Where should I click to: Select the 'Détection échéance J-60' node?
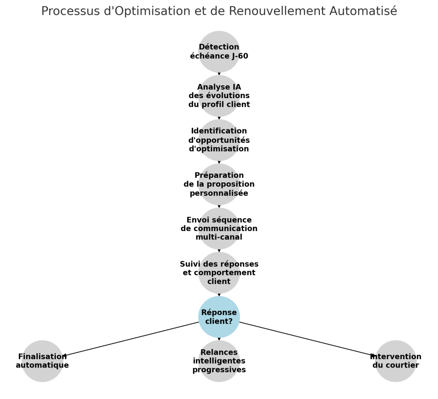[x=219, y=52]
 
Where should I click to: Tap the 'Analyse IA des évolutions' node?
[x=219, y=96]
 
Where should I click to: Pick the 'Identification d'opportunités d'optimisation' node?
[x=219, y=140]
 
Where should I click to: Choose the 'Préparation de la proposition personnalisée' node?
[x=219, y=184]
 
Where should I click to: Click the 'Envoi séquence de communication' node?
[x=219, y=229]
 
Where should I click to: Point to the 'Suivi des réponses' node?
[x=219, y=273]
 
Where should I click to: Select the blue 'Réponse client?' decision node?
[x=219, y=317]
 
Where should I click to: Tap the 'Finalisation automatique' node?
[x=42, y=361]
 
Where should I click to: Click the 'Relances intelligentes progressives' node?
[x=219, y=361]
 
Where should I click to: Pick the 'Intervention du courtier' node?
[x=396, y=361]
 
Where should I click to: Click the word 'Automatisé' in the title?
[x=363, y=11]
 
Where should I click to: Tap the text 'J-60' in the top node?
[x=240, y=56]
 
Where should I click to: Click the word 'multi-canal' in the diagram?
[x=219, y=237]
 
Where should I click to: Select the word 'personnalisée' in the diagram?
[x=219, y=194]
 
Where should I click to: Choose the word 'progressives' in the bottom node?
[x=219, y=370]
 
